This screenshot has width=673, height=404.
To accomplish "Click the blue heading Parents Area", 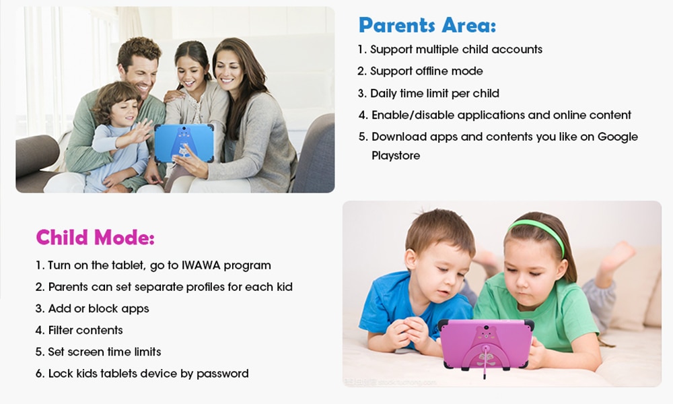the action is coord(427,25).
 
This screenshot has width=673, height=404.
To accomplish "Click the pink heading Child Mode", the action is coord(96,237).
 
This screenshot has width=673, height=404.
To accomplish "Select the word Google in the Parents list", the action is coord(618,137).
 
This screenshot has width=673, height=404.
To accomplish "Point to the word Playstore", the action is coord(396,156).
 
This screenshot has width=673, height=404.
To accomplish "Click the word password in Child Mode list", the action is coord(222,374).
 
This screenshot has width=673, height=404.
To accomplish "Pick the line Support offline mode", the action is coord(420,71).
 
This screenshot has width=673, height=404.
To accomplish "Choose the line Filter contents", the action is coord(79,330).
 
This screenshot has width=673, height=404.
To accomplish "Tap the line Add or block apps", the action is coord(92,308).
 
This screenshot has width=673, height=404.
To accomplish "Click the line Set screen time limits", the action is coord(98,351).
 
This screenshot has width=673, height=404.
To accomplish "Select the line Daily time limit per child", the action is coord(428,94).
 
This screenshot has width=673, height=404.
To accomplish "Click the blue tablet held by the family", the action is coord(184,143).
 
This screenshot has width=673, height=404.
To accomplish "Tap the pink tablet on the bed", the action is coord(486,343).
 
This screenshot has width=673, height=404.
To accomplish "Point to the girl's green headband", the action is coord(537,230).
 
